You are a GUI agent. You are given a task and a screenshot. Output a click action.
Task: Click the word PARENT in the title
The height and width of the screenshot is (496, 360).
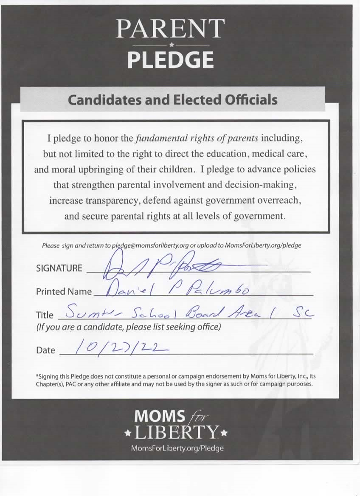170,29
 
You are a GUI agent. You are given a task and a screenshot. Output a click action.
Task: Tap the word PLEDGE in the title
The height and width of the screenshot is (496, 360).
170,60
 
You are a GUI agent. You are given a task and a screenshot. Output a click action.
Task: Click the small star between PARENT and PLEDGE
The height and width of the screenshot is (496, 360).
171,45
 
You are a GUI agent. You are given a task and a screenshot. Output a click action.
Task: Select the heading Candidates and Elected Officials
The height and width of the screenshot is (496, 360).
173,99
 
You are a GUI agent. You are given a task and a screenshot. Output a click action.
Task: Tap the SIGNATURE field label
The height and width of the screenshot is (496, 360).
59,268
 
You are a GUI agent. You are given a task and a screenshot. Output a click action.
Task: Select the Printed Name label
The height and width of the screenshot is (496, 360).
64,292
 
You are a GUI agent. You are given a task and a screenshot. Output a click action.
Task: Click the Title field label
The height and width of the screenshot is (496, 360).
45,315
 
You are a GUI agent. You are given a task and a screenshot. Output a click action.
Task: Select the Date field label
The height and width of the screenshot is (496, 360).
45,350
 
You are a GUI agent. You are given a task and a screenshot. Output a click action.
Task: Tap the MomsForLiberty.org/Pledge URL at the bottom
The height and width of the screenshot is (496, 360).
177,448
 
